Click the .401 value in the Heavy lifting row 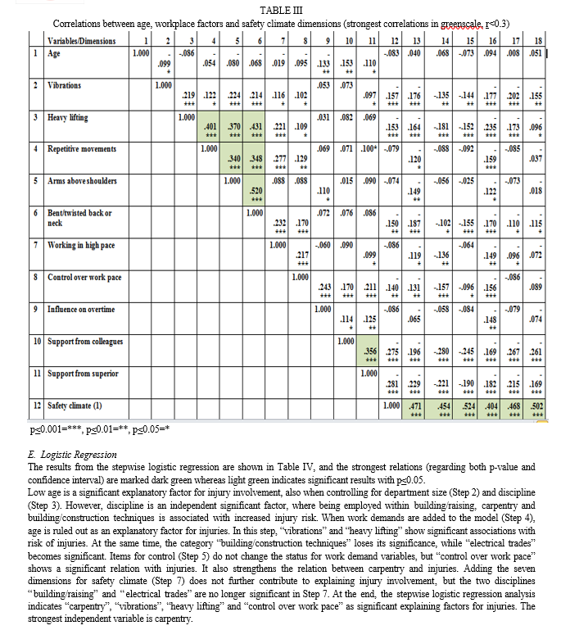coord(210,126)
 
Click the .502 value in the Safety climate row coord(537,406)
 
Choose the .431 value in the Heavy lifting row coord(256,126)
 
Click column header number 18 coord(536,40)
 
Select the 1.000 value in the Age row coord(141,52)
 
